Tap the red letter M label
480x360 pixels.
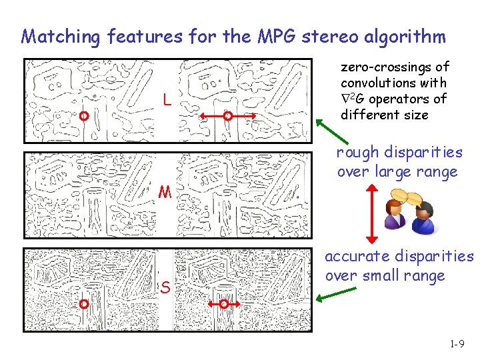point(165,193)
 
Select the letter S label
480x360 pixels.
point(163,287)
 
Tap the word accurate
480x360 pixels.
point(357,256)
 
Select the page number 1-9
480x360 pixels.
point(457,345)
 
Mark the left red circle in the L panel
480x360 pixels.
point(83,116)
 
